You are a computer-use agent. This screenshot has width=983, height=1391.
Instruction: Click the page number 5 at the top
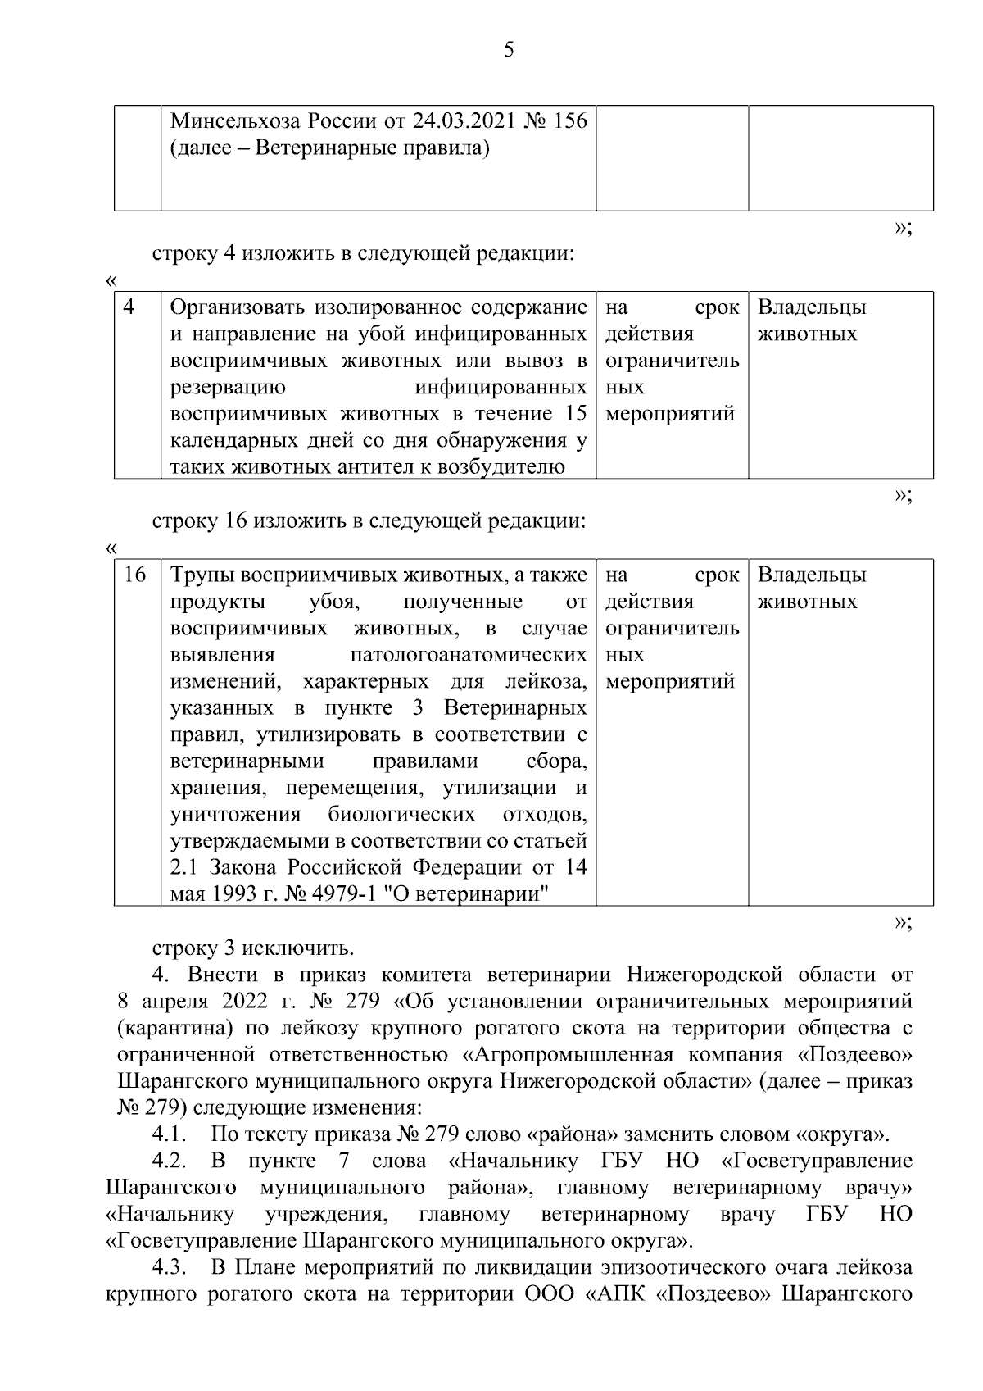point(509,51)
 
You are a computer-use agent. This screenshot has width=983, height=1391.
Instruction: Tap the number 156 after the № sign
point(570,122)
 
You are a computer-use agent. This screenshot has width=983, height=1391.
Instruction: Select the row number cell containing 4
point(129,307)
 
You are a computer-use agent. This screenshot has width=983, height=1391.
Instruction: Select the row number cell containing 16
point(134,575)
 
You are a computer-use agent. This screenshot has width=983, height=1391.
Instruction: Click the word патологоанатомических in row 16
point(468,656)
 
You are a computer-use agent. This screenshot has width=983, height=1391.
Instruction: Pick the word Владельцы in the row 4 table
point(812,308)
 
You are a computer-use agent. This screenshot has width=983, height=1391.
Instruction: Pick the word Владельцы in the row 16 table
point(812,575)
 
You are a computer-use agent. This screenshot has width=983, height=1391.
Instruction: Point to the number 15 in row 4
point(575,415)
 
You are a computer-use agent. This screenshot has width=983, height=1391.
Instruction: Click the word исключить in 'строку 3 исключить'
point(302,948)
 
